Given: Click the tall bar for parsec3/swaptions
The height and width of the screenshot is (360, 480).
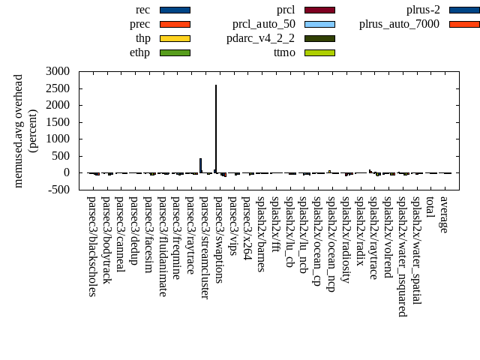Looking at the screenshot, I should pos(216,127).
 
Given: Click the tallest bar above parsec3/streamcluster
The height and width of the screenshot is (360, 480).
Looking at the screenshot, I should pos(200,165).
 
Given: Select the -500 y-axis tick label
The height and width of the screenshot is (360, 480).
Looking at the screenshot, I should pos(58,190).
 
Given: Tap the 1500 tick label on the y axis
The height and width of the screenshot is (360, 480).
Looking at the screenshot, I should pos(58,122).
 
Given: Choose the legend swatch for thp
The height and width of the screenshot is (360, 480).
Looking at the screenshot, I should pos(175,38).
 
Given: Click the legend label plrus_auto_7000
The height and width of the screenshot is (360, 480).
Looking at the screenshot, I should pos(398,24).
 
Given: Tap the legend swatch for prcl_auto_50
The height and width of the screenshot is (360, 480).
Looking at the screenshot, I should pos(319,24).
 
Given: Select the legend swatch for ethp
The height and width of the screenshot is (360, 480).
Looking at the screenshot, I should pos(175,52).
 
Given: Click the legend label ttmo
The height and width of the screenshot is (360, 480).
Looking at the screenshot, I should pos(284,52).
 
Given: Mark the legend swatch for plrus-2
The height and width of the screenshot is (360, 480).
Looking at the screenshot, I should pos(464,10).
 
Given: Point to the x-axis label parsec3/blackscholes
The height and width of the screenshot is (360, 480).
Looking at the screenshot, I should pos(91,246).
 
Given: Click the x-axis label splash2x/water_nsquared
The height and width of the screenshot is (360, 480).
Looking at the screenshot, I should pos(403,256).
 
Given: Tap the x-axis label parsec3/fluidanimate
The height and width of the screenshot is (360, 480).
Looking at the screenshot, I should pos(162,246).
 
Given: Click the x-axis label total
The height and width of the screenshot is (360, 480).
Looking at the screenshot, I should pos(430,208).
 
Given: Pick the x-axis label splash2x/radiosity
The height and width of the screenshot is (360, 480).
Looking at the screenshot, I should pos(346,239).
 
